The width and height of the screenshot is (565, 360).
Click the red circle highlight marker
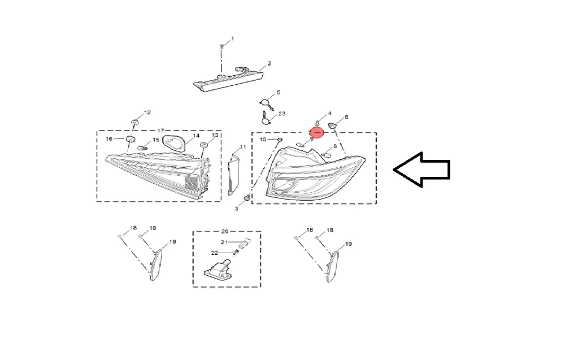317,133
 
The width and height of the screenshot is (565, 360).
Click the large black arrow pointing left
421,170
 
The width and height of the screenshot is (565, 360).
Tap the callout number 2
269,63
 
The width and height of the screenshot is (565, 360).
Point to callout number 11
243,147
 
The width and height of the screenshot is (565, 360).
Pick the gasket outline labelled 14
175,144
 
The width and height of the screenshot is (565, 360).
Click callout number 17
160,131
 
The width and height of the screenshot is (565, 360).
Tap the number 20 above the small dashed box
225,231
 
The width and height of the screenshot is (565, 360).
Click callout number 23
282,114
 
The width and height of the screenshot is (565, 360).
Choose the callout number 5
279,93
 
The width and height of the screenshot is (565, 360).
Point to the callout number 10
263,140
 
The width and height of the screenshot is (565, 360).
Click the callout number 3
236,209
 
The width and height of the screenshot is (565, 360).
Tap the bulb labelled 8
327,155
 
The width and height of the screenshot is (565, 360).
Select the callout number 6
346,117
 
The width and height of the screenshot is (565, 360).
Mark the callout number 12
147,112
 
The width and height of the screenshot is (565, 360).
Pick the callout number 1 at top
232,38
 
